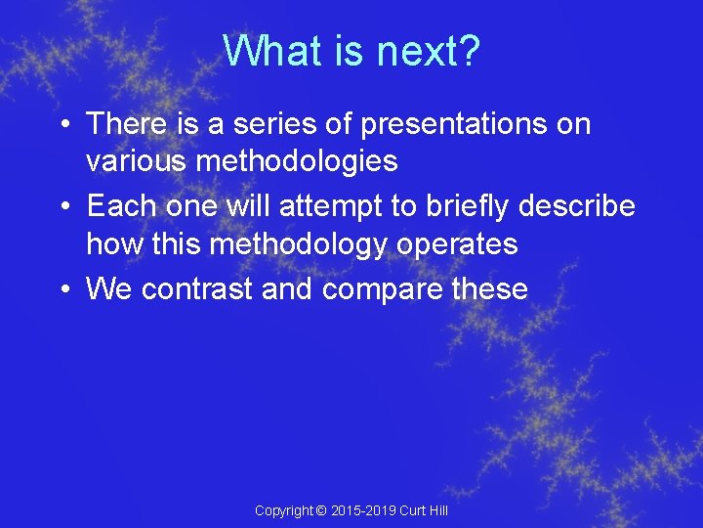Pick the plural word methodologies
point(297,160)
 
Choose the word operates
point(457,244)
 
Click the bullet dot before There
point(62,125)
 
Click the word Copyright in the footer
point(283,511)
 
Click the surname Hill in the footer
point(435,511)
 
